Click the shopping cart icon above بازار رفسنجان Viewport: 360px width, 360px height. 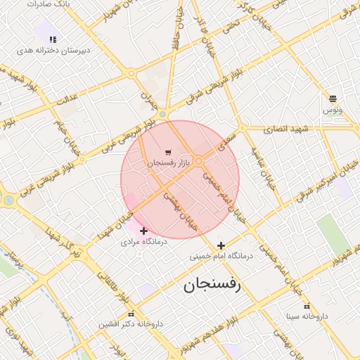pyautogui.click(x=167, y=152)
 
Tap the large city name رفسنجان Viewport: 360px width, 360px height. pyautogui.click(x=212, y=285)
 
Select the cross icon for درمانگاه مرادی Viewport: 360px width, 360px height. pyautogui.click(x=144, y=231)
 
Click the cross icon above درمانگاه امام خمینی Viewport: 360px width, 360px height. pyautogui.click(x=221, y=245)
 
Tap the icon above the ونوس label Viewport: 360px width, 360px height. pyautogui.click(x=333, y=98)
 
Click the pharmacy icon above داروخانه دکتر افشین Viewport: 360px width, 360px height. pyautogui.click(x=130, y=314)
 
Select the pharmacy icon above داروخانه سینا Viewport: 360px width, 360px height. pyautogui.click(x=306, y=306)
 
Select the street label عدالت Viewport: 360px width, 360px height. pyautogui.click(x=65, y=102)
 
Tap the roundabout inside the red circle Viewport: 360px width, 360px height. pyautogui.click(x=199, y=161)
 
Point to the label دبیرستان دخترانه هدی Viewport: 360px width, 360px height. pyautogui.click(x=46, y=51)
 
